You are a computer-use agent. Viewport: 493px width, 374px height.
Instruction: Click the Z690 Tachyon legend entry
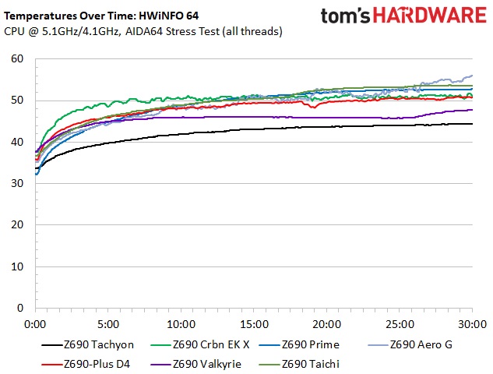(90, 344)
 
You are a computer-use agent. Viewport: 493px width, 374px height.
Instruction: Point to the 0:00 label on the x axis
(35, 323)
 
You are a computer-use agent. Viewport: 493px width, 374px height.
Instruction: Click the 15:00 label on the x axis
(254, 323)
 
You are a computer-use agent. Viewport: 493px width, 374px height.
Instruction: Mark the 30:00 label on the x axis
(473, 323)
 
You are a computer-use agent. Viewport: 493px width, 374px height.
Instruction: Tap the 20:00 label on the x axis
(327, 323)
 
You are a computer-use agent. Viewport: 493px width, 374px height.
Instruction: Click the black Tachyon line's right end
(472, 124)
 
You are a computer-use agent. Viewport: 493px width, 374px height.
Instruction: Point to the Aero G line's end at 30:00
(472, 76)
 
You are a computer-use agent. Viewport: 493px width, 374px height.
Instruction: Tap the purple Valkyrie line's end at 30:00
(472, 110)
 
